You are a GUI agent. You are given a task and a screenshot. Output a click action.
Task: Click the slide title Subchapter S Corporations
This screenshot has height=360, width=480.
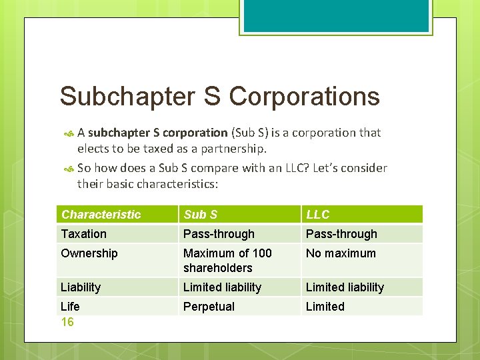click(219, 97)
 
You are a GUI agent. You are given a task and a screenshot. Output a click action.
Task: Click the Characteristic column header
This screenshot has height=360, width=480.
click(101, 215)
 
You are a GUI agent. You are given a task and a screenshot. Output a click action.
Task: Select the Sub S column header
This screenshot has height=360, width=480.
click(201, 215)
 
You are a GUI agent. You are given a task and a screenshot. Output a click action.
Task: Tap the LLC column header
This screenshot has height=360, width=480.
click(318, 215)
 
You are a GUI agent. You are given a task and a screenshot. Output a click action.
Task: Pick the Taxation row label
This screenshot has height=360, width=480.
click(84, 234)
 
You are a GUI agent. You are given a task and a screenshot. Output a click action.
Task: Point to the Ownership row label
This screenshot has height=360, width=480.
click(89, 253)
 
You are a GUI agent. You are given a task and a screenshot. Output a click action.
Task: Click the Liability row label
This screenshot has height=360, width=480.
click(81, 287)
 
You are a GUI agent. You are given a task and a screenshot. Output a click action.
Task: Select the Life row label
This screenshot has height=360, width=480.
click(70, 307)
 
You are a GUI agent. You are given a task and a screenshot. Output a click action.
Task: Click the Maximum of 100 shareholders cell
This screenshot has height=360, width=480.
click(227, 261)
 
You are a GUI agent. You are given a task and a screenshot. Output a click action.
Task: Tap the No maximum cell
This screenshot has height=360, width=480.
click(341, 253)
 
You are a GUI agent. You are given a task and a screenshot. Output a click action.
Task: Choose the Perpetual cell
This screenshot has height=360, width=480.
click(209, 307)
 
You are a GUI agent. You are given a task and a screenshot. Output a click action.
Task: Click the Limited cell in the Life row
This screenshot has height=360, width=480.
click(325, 307)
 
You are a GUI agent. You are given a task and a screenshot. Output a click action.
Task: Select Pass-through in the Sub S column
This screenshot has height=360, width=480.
click(219, 234)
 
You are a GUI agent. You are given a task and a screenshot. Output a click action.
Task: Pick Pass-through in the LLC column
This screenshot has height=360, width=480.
click(341, 234)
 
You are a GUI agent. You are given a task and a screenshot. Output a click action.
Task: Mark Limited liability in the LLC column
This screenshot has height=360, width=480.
click(345, 287)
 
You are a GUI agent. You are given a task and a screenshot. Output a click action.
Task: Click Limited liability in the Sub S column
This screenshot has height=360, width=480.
click(222, 287)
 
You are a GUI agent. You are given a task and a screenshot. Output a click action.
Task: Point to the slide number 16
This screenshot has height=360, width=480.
click(67, 323)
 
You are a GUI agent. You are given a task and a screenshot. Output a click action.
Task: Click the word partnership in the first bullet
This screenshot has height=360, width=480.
click(235, 148)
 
